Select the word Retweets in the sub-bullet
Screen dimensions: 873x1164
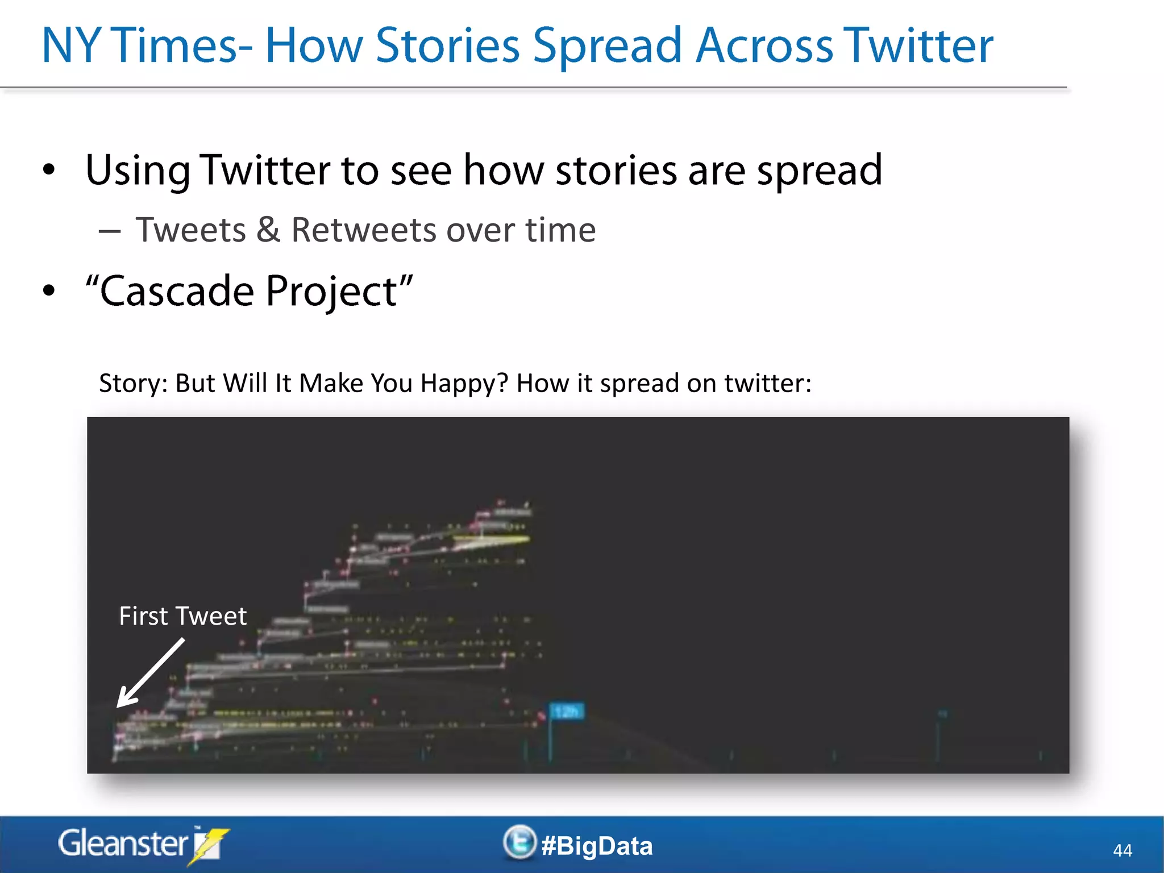[364, 230]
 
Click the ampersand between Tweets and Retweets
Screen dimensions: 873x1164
[268, 230]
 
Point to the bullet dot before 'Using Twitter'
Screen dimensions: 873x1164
[49, 170]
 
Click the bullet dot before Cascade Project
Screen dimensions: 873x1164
[49, 290]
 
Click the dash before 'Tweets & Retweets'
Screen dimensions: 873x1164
[109, 231]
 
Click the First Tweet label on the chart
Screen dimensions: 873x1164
[182, 616]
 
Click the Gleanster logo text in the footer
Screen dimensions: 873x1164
[122, 843]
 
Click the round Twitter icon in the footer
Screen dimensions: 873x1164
[519, 842]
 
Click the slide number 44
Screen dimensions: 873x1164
[1122, 850]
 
